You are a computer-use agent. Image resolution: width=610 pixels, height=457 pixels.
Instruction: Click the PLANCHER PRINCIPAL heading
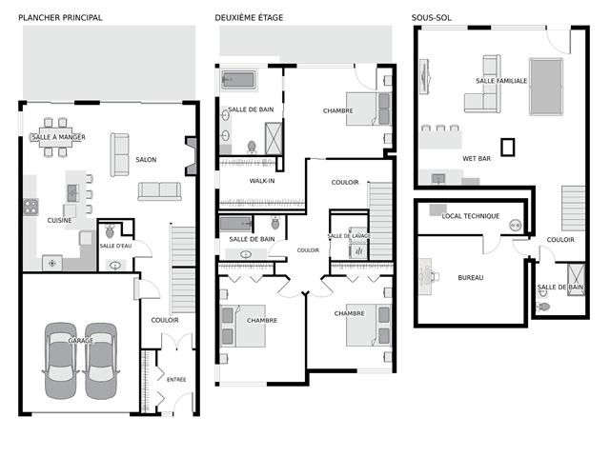(60, 17)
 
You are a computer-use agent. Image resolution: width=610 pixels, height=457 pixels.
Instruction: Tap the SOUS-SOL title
(432, 17)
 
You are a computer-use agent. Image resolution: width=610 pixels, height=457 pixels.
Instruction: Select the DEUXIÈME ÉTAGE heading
(249, 17)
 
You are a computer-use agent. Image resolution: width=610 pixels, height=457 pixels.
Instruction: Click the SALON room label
(146, 159)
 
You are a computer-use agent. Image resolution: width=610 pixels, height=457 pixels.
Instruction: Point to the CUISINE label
(59, 220)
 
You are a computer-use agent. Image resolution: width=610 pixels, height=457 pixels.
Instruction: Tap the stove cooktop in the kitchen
(30, 207)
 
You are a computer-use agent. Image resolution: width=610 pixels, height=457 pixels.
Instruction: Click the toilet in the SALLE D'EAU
(111, 230)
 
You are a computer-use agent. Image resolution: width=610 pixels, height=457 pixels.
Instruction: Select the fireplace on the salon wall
(191, 156)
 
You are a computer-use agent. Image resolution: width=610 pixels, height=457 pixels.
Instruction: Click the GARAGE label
(80, 341)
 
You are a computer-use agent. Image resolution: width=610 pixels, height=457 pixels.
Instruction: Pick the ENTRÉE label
(176, 379)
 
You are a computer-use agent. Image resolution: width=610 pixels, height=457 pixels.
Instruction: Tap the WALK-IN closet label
(262, 181)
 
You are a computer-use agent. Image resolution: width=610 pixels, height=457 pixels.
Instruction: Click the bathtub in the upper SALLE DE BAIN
(238, 80)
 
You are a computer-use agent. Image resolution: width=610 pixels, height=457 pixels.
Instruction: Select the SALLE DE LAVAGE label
(349, 236)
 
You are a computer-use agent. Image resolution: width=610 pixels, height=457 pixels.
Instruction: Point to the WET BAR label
(477, 159)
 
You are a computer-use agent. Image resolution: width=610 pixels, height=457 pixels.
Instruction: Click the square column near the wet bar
(507, 148)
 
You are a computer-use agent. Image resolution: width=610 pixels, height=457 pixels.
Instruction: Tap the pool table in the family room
(546, 87)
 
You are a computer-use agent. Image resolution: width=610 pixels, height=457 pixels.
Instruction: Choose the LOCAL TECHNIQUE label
(471, 216)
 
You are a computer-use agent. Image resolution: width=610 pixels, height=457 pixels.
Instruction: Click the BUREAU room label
(471, 277)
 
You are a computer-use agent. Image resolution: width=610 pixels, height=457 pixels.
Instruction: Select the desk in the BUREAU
(425, 276)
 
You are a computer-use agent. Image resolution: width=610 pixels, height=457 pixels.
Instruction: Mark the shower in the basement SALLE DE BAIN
(576, 279)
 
